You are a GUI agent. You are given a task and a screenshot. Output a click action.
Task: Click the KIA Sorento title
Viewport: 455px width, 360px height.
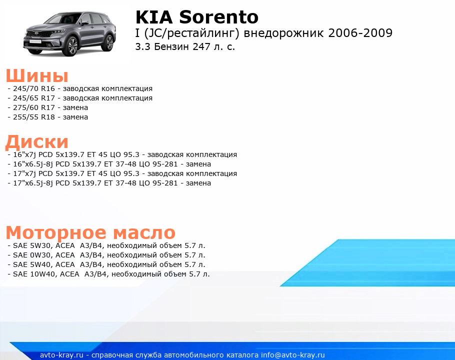[196, 17]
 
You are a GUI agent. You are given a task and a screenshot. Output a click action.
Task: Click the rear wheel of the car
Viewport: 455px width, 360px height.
[109, 42]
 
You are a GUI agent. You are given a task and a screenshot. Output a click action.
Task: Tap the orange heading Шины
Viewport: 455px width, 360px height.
[37, 75]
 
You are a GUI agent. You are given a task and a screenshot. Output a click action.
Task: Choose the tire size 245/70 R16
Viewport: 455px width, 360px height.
[33, 88]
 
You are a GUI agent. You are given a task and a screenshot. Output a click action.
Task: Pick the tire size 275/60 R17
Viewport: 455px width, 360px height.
[33, 107]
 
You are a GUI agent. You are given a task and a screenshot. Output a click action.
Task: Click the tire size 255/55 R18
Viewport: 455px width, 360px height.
[33, 117]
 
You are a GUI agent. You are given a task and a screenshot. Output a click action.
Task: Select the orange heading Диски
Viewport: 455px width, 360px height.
[37, 142]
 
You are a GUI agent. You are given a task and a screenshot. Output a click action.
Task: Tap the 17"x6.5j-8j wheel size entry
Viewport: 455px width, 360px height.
[33, 183]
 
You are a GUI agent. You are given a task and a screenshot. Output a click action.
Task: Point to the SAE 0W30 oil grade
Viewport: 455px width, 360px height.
[31, 255]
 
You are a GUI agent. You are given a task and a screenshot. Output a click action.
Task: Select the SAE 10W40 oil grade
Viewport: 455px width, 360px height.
[34, 274]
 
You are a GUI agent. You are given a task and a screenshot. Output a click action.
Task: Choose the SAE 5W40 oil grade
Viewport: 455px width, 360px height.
[31, 264]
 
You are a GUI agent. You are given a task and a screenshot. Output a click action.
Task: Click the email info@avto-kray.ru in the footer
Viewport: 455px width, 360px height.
[293, 355]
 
